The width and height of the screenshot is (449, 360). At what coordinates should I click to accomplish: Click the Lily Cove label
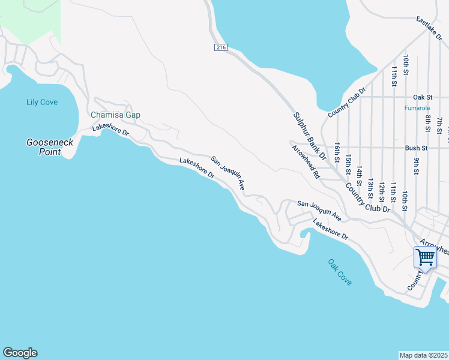(42, 102)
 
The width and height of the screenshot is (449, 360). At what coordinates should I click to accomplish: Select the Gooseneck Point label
(44, 147)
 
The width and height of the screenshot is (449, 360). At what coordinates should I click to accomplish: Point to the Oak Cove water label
(340, 272)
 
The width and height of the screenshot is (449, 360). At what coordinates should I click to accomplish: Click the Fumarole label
(417, 108)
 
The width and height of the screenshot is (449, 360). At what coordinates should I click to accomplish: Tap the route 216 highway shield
(221, 47)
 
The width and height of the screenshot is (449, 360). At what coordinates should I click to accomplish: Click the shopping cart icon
(425, 257)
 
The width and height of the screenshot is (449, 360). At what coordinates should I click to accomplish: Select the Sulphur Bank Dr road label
(309, 136)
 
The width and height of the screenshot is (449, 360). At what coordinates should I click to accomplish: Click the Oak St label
(423, 97)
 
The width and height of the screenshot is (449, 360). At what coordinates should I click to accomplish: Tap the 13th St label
(370, 188)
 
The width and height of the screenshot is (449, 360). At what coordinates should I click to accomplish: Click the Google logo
(20, 353)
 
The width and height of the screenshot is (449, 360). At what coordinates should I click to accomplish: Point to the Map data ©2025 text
(423, 355)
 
